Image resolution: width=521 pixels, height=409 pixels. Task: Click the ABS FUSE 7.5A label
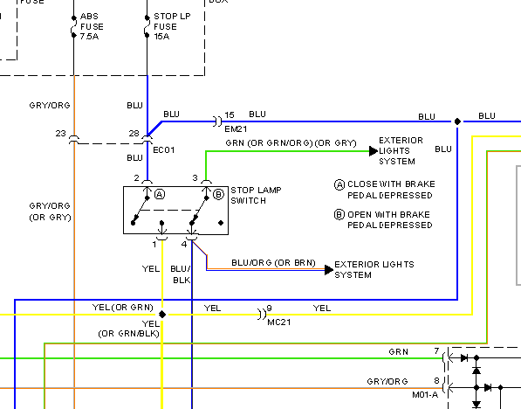tap(92, 26)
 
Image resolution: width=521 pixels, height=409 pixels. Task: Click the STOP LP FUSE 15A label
tap(172, 26)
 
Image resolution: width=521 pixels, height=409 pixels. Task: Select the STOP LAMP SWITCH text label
tap(256, 196)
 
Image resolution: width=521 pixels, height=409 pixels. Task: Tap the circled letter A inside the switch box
tap(160, 194)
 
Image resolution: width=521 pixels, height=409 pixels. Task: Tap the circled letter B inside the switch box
tap(218, 194)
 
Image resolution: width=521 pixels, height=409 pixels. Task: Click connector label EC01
tap(164, 150)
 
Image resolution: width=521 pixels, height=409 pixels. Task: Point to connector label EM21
tap(236, 128)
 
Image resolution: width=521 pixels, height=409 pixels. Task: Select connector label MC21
tap(279, 322)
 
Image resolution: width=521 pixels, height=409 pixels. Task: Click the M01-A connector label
tap(425, 395)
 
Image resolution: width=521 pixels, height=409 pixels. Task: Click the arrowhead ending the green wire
tap(374, 151)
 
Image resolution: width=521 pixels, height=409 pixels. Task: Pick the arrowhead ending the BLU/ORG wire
tap(329, 269)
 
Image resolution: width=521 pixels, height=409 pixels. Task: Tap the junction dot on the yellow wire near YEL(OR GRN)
tap(162, 314)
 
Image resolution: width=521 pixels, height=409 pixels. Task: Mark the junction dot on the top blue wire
tap(457, 121)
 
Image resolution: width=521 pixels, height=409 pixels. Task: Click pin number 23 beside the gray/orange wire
tap(60, 134)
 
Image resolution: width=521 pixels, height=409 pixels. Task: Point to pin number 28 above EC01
tap(134, 134)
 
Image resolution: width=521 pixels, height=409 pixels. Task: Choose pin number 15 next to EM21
tap(230, 114)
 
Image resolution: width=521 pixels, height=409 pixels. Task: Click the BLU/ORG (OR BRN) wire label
tap(273, 263)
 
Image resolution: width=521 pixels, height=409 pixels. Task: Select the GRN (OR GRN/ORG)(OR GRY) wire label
tap(291, 143)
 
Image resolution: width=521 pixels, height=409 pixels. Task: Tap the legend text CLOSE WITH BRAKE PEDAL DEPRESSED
tap(390, 190)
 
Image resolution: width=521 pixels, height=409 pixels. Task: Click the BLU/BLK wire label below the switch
tap(182, 274)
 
